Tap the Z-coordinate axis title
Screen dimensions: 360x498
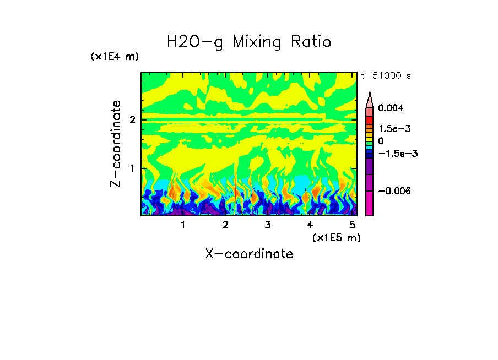[116, 144]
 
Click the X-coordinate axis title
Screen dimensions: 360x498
[249, 254]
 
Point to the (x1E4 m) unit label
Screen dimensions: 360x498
[115, 57]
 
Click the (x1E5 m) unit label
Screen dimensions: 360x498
[336, 237]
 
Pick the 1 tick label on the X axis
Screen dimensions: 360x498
[183, 225]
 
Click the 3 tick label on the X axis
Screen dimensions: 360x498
[267, 225]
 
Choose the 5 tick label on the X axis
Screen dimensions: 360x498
[351, 225]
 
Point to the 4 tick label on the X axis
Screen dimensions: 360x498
[310, 225]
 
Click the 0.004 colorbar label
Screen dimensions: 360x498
[391, 108]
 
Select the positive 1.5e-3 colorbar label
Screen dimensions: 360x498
[391, 128]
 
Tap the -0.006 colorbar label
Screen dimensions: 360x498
[393, 190]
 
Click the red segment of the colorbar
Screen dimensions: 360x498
[370, 119]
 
